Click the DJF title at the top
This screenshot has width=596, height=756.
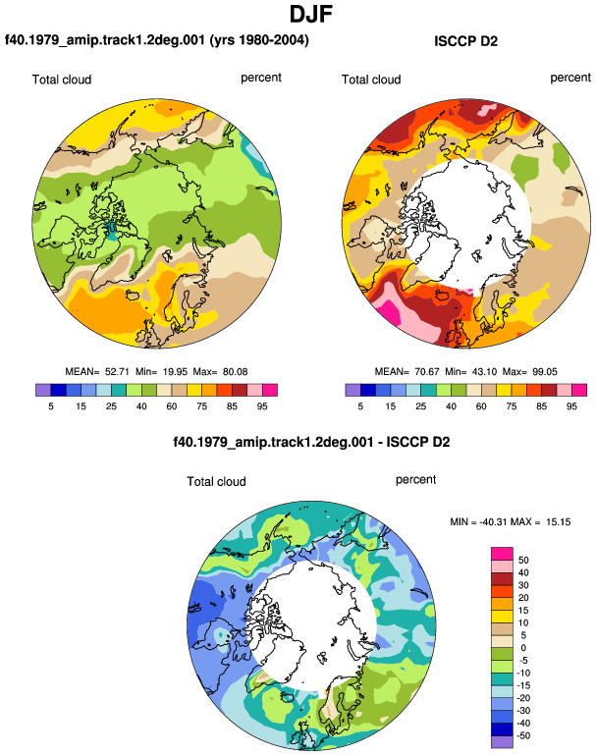311,14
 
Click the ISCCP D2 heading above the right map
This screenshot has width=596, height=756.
465,41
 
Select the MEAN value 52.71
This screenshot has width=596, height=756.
117,372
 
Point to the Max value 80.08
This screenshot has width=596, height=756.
236,372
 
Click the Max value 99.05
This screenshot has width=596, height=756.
545,372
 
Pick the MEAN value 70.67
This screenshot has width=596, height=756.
427,372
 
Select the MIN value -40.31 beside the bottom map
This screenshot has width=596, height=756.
491,521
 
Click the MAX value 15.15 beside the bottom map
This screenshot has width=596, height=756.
559,521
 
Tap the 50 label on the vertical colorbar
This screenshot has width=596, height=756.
523,561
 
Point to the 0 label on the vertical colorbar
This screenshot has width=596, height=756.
523,648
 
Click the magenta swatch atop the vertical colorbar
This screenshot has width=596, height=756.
502,554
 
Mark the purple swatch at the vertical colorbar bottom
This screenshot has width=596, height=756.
502,742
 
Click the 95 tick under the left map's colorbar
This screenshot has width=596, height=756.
262,406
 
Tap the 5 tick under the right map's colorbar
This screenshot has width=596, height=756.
360,406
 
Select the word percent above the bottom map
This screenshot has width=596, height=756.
415,480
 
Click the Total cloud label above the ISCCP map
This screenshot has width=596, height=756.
371,80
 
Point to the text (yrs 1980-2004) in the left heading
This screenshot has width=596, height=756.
259,39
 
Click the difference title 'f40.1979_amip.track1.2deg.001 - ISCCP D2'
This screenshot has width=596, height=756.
311,442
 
